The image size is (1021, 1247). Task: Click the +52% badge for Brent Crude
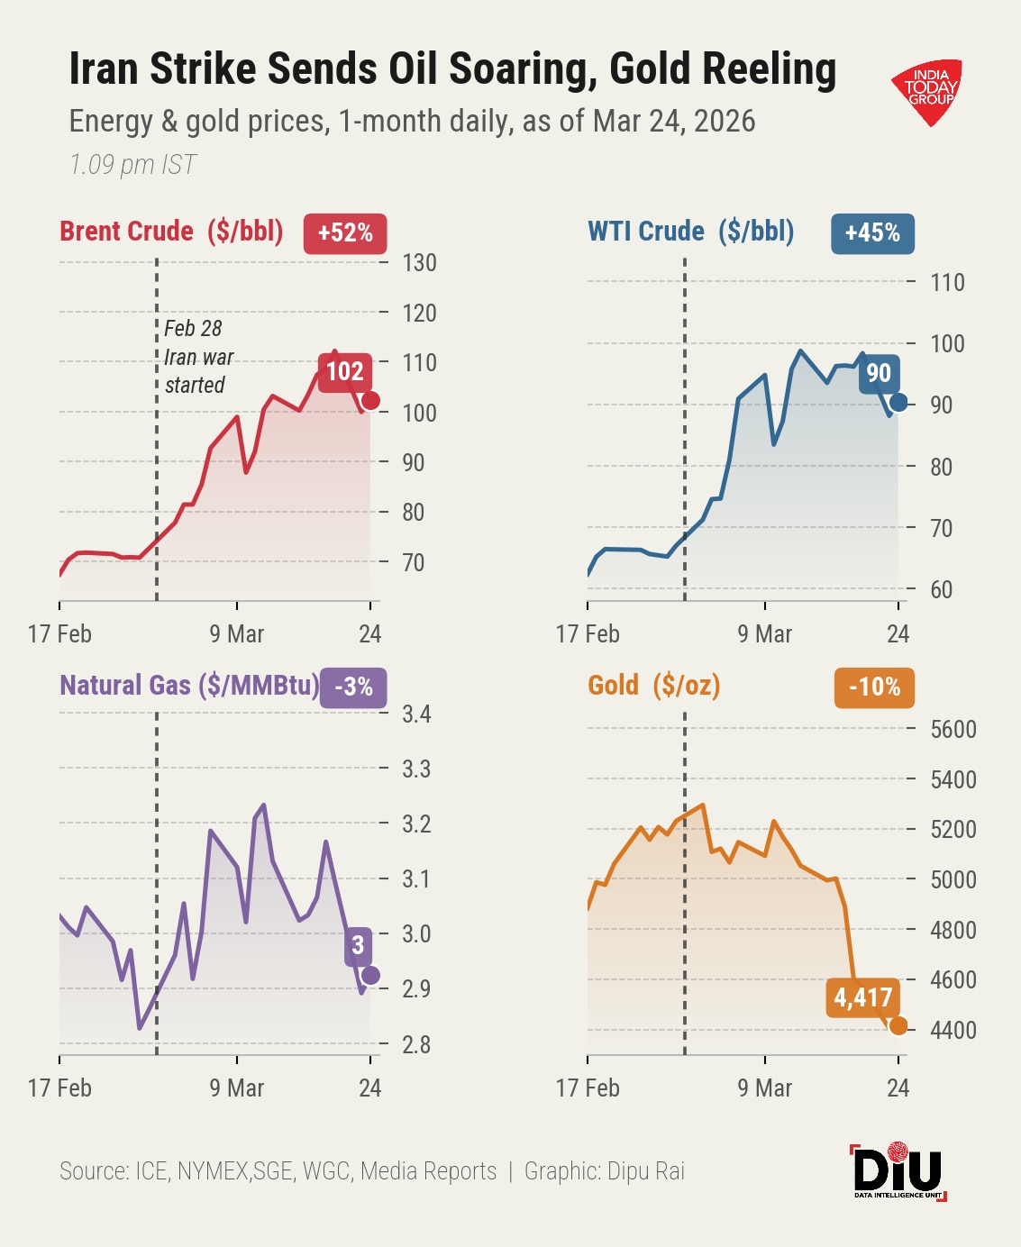[345, 233]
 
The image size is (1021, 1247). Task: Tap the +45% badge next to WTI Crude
[872, 233]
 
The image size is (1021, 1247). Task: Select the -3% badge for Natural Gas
[353, 687]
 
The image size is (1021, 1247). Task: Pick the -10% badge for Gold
[874, 687]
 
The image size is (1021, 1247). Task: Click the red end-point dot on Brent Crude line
[370, 401]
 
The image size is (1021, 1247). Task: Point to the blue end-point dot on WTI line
[898, 402]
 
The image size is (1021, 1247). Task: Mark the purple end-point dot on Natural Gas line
[370, 975]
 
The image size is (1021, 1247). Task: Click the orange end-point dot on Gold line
[898, 1025]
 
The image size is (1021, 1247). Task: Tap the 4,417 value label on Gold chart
[862, 997]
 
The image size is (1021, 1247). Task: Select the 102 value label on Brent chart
[344, 371]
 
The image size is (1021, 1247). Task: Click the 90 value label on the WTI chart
[879, 373]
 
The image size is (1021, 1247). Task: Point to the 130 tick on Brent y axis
[419, 263]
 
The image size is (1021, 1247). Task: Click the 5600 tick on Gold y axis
[953, 729]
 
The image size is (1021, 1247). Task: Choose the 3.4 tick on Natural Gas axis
[416, 715]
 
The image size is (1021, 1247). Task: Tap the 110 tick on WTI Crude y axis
[947, 283]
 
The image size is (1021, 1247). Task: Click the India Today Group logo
[928, 90]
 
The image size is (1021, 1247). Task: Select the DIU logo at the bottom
[898, 1171]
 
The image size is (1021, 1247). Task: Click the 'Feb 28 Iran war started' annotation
[198, 357]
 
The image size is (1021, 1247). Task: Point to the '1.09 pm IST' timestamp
[132, 165]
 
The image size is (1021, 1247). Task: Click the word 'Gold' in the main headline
[652, 69]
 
